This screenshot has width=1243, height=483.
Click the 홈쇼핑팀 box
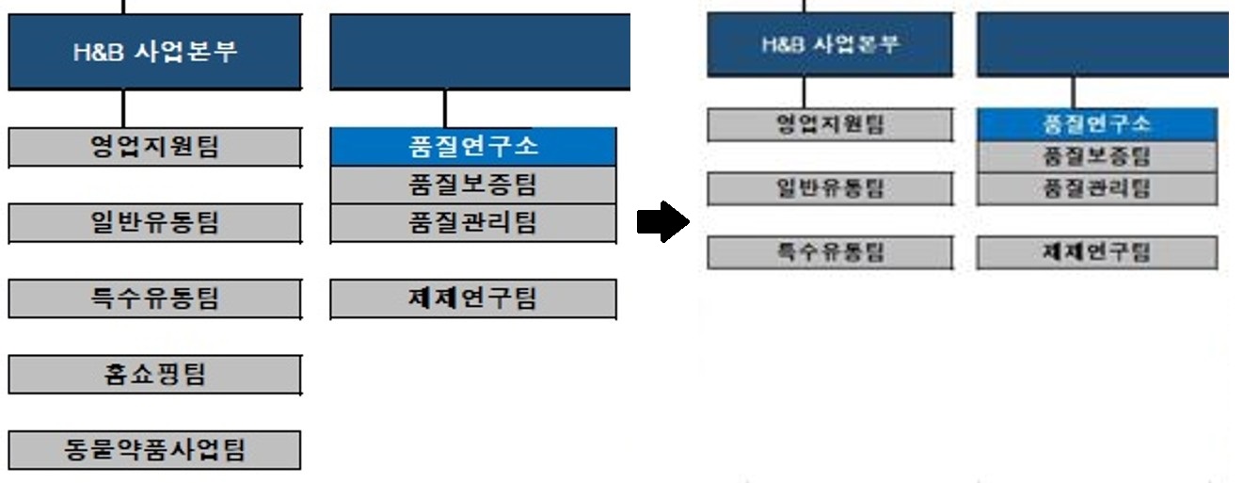click(x=155, y=375)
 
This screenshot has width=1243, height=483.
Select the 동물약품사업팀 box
click(x=155, y=450)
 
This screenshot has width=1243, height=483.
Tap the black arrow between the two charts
click(x=663, y=222)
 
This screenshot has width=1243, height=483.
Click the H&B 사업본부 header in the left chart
click(x=155, y=52)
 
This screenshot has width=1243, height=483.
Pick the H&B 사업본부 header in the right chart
click(x=829, y=44)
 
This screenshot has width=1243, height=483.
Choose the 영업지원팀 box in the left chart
click(x=155, y=147)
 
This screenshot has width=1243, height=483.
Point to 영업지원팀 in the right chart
click(x=829, y=124)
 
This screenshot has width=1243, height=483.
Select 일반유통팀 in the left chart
click(x=155, y=223)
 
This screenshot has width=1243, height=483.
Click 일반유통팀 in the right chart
click(x=829, y=188)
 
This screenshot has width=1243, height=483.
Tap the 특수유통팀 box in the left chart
click(x=155, y=298)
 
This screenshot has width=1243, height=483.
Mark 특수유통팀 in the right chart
click(x=829, y=252)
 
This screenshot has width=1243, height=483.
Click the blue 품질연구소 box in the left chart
click(x=473, y=147)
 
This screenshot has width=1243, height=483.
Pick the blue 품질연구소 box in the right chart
click(x=1096, y=124)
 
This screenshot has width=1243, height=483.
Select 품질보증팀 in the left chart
click(x=473, y=185)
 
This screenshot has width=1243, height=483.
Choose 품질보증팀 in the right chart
click(x=1096, y=156)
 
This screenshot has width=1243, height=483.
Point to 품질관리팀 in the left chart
click(x=473, y=223)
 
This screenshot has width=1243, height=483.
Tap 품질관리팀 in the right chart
click(x=1096, y=188)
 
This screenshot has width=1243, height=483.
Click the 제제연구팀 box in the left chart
click(x=473, y=298)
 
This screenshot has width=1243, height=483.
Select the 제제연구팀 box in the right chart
click(x=1096, y=252)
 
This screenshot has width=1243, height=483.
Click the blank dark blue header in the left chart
click(x=480, y=52)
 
